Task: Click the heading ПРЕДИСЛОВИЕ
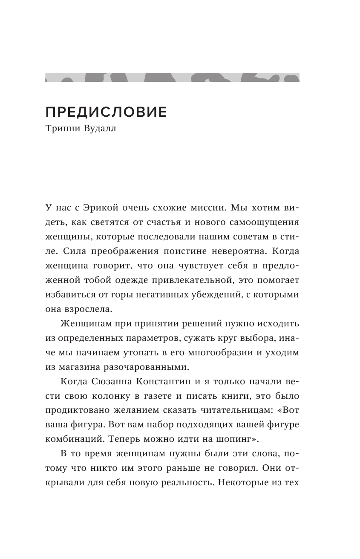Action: (106, 112)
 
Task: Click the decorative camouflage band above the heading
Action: (172, 77)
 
